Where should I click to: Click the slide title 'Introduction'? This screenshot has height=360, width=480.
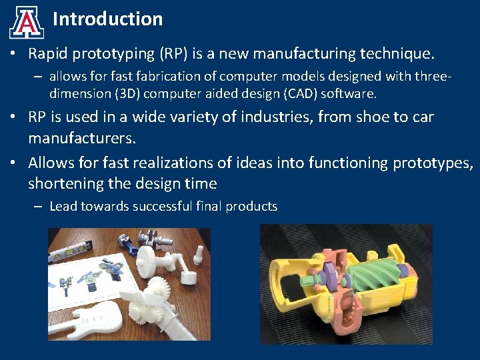107,19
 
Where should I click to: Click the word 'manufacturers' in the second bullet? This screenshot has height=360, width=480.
81,139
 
